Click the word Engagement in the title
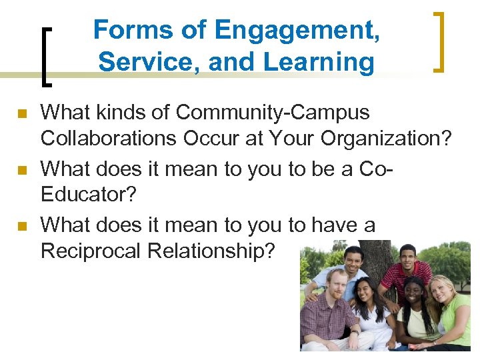click(x=298, y=30)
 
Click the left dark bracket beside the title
click(x=47, y=56)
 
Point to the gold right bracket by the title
click(x=439, y=41)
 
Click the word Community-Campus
click(x=273, y=112)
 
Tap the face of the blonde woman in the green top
click(x=443, y=292)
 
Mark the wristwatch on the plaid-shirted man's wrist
click(x=354, y=331)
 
